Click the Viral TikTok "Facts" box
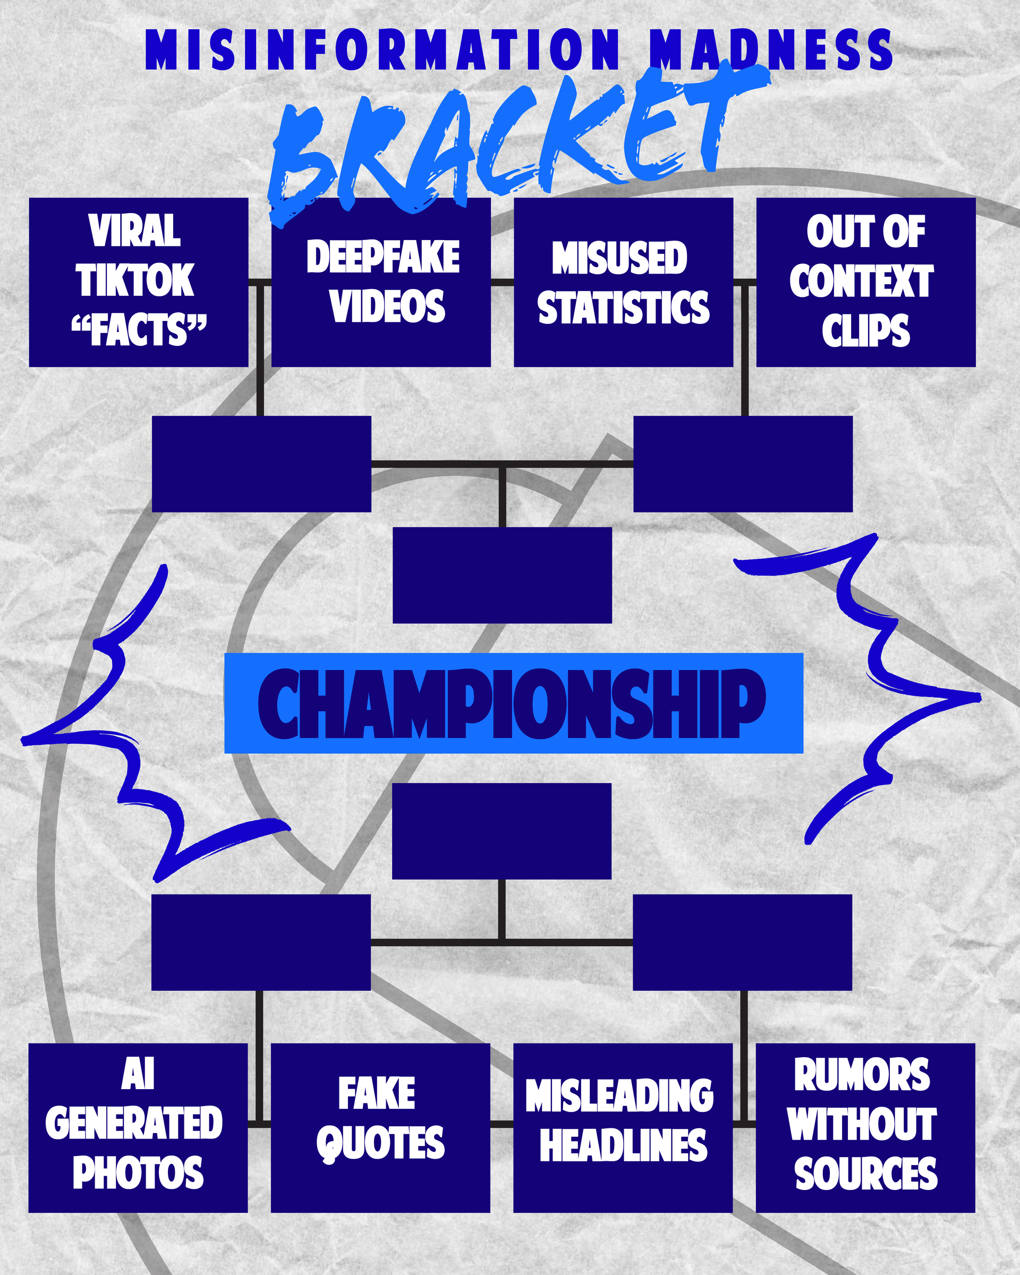coord(138,282)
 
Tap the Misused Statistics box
coord(623,282)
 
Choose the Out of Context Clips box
coord(865,282)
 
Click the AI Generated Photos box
coord(138,1128)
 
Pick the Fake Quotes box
coord(380,1128)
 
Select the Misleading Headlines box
coord(623,1128)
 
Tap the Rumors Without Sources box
coord(865,1128)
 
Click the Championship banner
coord(513,703)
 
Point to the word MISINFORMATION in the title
coord(383,50)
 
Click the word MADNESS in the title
coord(770,50)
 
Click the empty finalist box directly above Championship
coord(502,575)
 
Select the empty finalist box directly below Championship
coord(501,831)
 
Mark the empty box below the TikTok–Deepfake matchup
coord(261,464)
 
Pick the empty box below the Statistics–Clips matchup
coord(743,464)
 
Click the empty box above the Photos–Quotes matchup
coord(261,942)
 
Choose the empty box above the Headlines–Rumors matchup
coord(742,942)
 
